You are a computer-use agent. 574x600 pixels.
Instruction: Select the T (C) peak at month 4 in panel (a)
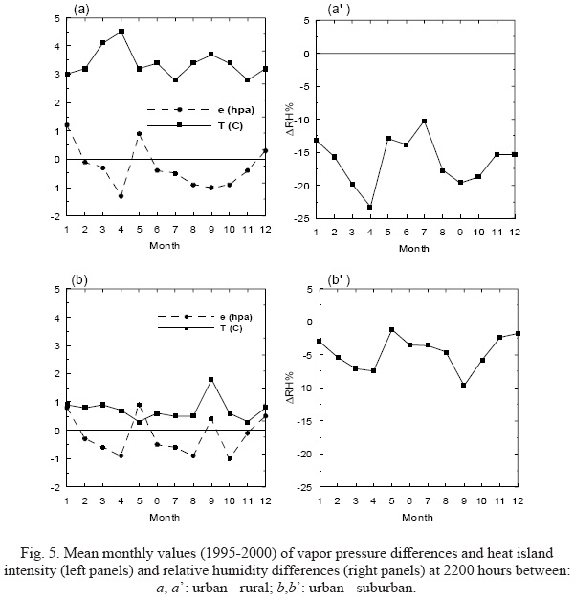pos(121,32)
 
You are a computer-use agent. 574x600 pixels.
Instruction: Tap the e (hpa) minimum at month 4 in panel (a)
pos(121,196)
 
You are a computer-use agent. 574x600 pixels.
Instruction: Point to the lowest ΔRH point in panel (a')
pos(370,207)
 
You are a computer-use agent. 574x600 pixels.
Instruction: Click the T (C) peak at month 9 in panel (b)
pos(211,379)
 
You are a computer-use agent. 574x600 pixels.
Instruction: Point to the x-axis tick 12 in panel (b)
pos(266,500)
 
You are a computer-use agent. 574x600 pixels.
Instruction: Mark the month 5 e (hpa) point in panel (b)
pos(140,405)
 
